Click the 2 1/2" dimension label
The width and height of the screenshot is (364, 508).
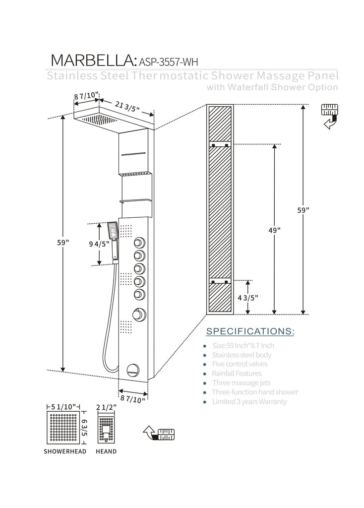pyautogui.click(x=107, y=407)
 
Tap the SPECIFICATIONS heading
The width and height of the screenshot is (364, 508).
pyautogui.click(x=249, y=331)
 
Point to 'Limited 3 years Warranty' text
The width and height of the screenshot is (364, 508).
pyautogui.click(x=249, y=401)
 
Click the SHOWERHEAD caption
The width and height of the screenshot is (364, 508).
pyautogui.click(x=64, y=451)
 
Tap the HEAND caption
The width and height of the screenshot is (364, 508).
pyautogui.click(x=106, y=451)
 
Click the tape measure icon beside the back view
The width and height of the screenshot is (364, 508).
pyautogui.click(x=330, y=116)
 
